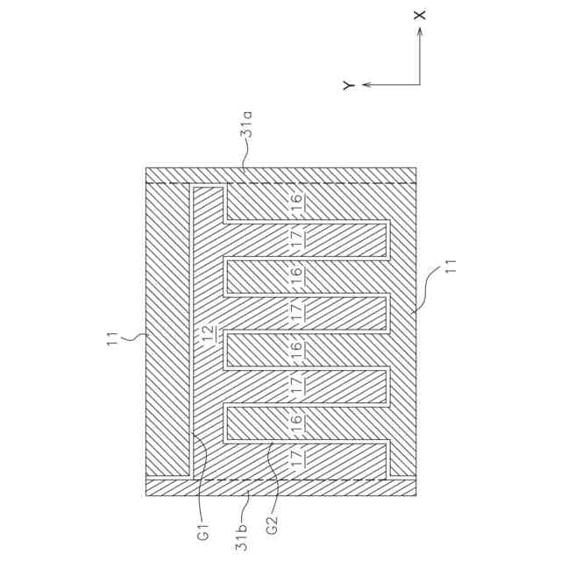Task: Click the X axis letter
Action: coord(420,15)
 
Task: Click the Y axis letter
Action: coord(348,85)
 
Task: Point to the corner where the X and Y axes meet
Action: coord(420,85)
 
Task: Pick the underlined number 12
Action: coord(208,335)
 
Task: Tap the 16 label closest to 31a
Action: coord(296,200)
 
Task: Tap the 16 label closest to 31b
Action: coord(296,422)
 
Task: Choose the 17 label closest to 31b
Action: coord(296,456)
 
